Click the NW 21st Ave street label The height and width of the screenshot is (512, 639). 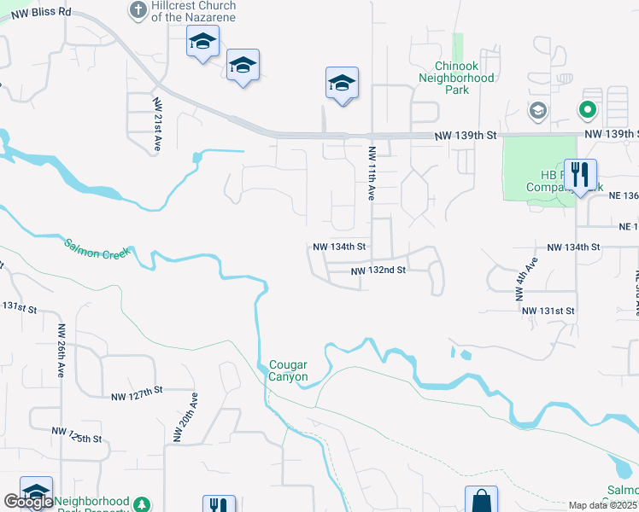pos(157,125)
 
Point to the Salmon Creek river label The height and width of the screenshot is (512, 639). pos(95,248)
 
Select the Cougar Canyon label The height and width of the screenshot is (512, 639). pos(288,370)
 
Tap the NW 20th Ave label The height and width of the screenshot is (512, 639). pos(185,418)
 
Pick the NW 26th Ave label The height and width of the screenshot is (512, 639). pos(62,351)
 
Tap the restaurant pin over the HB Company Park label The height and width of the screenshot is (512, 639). pos(580,175)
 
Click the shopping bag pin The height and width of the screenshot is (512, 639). pos(481,500)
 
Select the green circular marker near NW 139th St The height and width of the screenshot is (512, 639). pos(586,110)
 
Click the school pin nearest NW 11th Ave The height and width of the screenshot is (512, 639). pos(341,84)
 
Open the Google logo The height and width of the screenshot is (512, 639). pos(28,502)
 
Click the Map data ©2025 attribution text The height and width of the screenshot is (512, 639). pos(602,505)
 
